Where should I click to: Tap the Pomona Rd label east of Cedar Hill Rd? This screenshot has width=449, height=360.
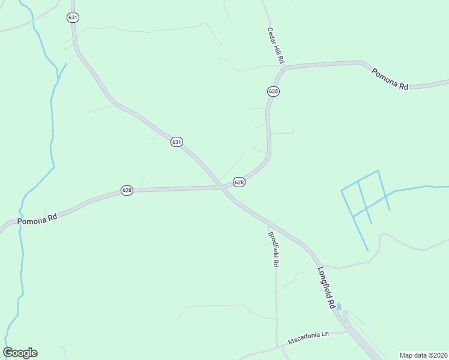point(390,79)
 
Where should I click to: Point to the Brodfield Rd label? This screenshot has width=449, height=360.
point(273,249)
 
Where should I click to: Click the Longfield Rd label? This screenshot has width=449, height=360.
point(327,288)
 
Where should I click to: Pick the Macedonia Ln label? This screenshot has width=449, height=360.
point(309,339)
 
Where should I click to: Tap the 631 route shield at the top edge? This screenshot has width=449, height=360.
point(73,17)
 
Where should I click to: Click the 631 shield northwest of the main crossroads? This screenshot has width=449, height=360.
point(176,142)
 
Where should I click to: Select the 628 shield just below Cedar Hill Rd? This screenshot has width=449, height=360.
point(273,91)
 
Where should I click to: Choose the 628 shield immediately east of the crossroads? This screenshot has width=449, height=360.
point(239,182)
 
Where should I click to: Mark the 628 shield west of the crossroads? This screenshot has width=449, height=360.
point(127,190)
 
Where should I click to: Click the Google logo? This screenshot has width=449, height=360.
point(20,353)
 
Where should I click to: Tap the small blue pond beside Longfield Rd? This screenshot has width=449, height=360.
point(339,307)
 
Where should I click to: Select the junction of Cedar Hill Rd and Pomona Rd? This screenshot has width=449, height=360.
point(283,70)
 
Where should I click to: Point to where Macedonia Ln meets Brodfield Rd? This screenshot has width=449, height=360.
point(277,346)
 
